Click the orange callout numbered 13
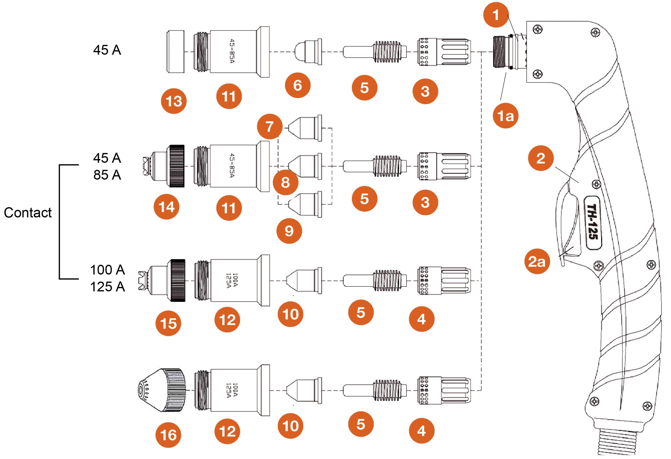pos(174,101)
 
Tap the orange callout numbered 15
pos(168,323)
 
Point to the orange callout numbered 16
pos(168,435)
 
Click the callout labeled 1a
pos(505,116)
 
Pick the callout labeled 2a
pos(537,261)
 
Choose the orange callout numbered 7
pos(269,127)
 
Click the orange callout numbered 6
pos(297,85)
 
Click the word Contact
pos(28,213)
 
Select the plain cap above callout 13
pos(176,52)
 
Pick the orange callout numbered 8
pos(285,182)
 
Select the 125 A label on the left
pos(107,287)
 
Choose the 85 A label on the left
pos(107,175)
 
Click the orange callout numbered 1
pos(496,15)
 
